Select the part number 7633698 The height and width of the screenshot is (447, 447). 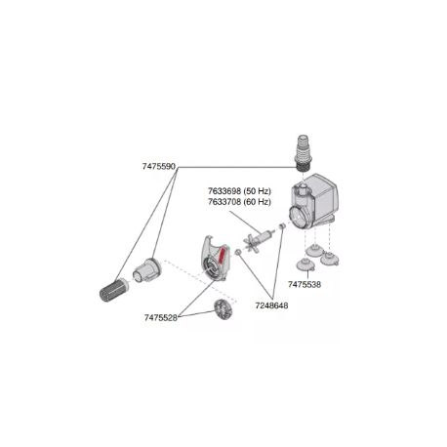[x=224, y=190]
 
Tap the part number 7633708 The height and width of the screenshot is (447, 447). [x=224, y=202]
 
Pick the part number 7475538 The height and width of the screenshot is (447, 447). [x=305, y=284]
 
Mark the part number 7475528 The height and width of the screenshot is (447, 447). [x=161, y=317]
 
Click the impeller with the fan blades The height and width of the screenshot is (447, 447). [x=257, y=236]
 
